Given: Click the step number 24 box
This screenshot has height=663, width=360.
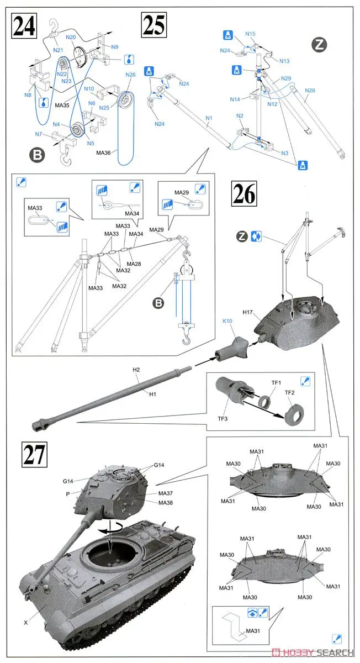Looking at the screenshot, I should [25, 25].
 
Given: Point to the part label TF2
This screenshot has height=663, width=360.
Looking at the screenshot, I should [290, 392].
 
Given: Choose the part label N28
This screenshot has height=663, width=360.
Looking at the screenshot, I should [310, 90].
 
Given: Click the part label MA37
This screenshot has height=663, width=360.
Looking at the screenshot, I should [166, 493].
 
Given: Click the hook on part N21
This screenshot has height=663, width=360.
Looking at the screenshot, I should [54, 24].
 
